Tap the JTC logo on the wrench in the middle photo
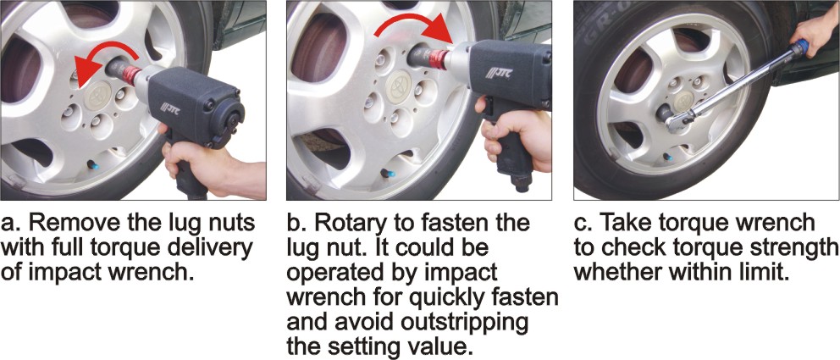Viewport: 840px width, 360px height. point(499,73)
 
